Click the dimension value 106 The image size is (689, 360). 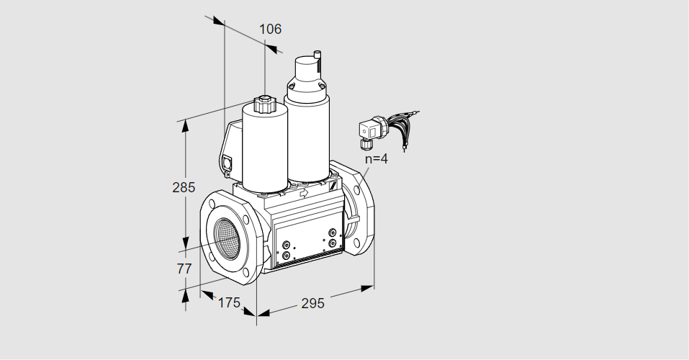(270, 29)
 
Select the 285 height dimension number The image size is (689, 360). (184, 187)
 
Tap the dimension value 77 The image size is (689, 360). (184, 268)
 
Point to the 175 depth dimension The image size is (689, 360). (230, 302)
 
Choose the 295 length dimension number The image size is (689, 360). (312, 303)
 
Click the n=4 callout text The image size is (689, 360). (377, 158)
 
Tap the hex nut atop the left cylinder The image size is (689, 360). (264, 104)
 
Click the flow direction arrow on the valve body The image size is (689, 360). (303, 192)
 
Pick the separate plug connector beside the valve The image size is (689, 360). (371, 130)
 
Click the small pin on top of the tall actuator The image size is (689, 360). (316, 55)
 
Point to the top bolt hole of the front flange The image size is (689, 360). (213, 204)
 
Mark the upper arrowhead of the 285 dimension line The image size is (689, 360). (185, 125)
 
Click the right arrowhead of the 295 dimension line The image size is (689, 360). (367, 288)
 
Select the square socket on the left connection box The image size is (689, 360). (228, 162)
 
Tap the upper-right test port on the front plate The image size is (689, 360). (333, 232)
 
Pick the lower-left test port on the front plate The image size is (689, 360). (286, 255)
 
